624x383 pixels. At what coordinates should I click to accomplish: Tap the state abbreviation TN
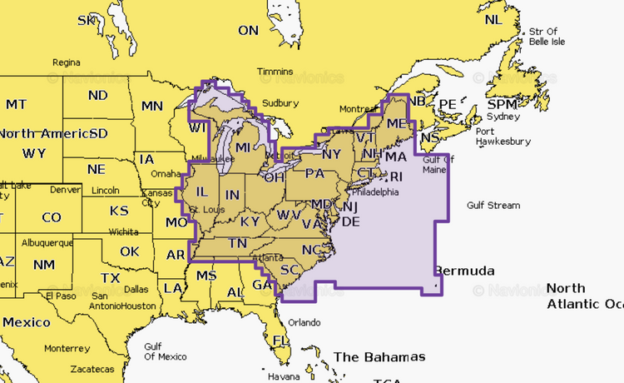(x=238, y=243)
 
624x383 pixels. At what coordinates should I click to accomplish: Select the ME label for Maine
(x=396, y=123)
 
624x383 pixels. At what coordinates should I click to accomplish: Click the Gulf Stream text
(x=493, y=206)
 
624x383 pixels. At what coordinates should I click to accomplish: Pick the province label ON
(x=249, y=30)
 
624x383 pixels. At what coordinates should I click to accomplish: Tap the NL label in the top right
(x=493, y=19)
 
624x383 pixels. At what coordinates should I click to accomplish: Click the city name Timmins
(x=275, y=72)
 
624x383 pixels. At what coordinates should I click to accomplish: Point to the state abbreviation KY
(x=250, y=221)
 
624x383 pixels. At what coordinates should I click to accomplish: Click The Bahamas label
(x=379, y=357)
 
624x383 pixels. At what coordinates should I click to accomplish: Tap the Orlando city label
(x=304, y=322)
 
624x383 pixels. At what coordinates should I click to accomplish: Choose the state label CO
(x=51, y=217)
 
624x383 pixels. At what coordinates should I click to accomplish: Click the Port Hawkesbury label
(x=503, y=136)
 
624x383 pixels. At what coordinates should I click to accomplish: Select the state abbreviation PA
(x=314, y=173)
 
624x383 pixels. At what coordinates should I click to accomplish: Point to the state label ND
(x=98, y=95)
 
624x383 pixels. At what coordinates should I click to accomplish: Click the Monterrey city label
(x=67, y=348)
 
